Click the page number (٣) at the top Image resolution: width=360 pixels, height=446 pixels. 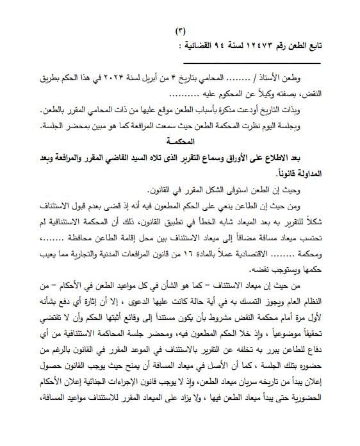[180, 31]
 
